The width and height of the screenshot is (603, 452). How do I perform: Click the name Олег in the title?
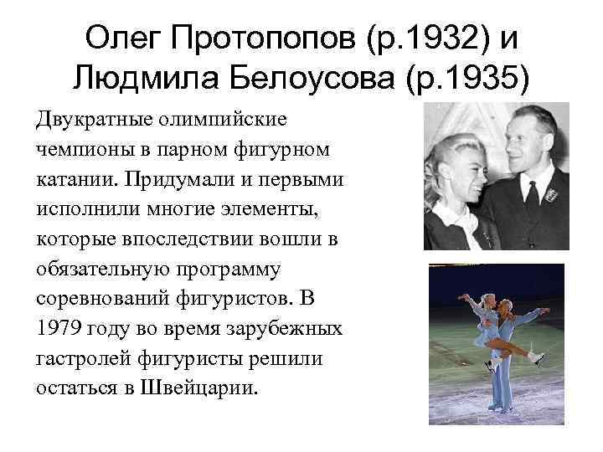[128, 38]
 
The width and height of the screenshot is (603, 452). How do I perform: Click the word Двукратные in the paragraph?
[92, 119]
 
